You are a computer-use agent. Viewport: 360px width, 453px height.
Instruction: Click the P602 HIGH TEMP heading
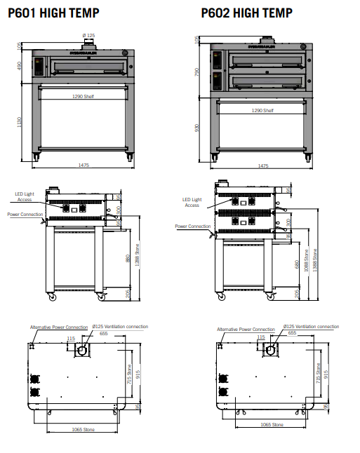coord(246,13)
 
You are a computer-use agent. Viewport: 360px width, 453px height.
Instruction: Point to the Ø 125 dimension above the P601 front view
coord(88,35)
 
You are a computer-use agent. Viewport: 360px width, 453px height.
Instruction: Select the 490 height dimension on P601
coord(20,66)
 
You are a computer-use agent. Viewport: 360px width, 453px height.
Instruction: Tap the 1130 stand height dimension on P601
coord(20,122)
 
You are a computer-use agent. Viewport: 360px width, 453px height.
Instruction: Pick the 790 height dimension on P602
coord(198,72)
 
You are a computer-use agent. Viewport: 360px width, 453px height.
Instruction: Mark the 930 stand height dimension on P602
coord(198,128)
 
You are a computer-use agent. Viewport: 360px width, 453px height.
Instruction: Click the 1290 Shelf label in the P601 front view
coord(83,96)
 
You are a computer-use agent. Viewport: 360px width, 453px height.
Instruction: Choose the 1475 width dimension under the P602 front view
coord(263,166)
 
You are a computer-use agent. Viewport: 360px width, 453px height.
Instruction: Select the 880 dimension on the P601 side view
coord(126,259)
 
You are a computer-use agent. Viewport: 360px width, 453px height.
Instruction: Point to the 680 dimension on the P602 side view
coord(297,265)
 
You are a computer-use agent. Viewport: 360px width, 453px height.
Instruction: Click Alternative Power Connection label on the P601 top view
coord(59,327)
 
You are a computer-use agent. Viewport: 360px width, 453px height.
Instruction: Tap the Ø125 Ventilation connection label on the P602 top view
coord(310,327)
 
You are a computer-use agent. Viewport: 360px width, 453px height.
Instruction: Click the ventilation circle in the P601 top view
coord(84,351)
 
